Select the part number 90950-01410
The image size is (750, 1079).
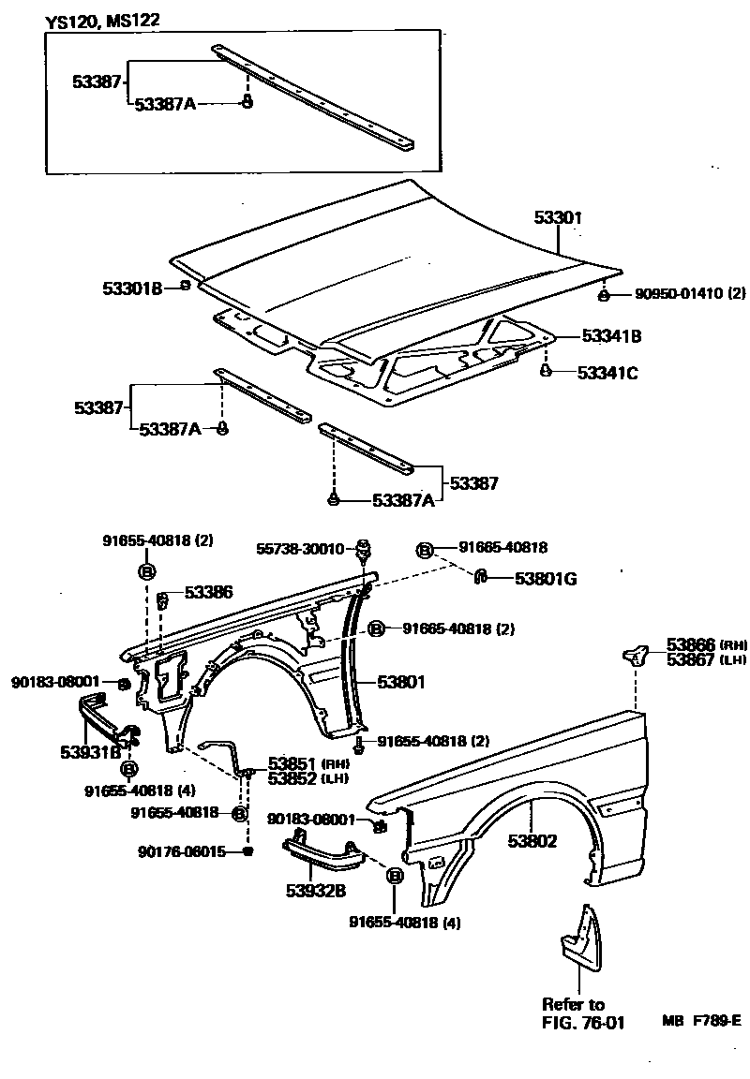pos(667,294)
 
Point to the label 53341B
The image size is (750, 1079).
pos(611,335)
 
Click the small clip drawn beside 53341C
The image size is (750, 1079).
pos(545,372)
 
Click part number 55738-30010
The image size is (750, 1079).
pos(299,548)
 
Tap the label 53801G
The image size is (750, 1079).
pos(546,579)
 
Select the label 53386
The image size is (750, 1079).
pos(209,592)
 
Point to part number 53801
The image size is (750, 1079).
pos(401,683)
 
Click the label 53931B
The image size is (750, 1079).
pos(91,751)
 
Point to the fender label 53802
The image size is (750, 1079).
pos(532,841)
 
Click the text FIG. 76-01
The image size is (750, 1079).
pos(583,1021)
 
